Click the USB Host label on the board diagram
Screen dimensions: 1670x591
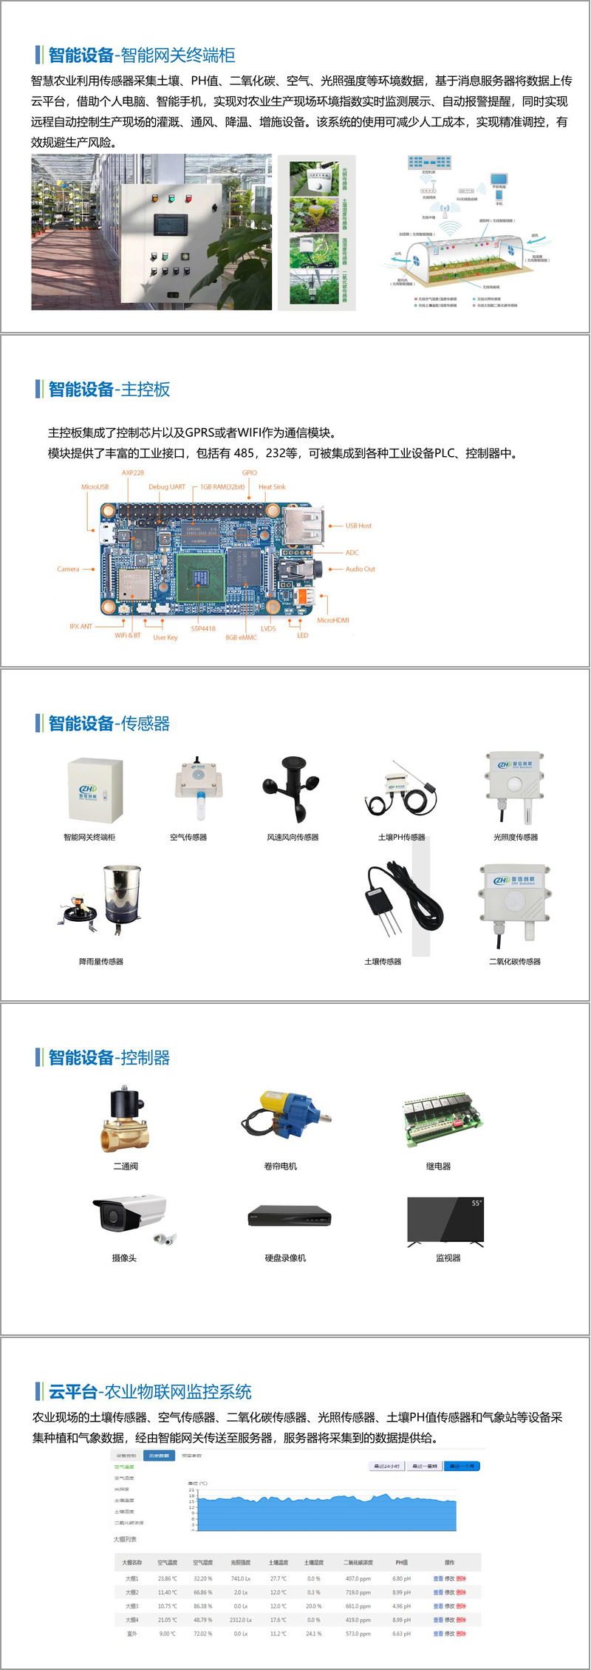tap(358, 526)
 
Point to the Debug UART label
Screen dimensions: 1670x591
tap(167, 487)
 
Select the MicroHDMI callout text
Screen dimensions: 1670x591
tap(332, 620)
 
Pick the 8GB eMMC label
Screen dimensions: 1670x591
tap(241, 637)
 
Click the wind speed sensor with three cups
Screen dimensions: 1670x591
tap(293, 788)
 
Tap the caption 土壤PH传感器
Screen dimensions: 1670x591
tap(401, 838)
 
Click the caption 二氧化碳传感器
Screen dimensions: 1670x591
tap(515, 962)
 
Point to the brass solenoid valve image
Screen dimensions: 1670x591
tap(125, 1119)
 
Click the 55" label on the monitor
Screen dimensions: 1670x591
tap(476, 1204)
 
